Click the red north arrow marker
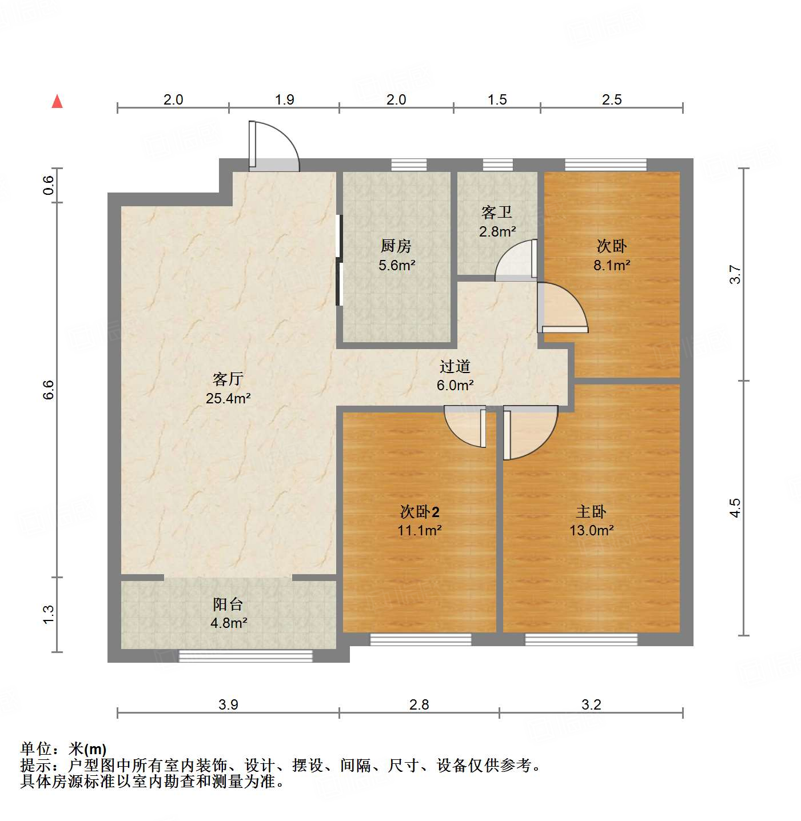57,101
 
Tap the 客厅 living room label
228,379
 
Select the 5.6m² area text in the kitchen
397,265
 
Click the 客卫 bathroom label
497,213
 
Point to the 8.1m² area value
612,265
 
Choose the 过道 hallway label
455,366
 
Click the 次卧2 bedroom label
420,511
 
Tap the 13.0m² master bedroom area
591,530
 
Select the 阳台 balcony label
228,604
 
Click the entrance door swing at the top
274,146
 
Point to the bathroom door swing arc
515,261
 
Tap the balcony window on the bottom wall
246,656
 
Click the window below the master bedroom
581,639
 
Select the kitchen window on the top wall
409,165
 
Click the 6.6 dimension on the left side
49,390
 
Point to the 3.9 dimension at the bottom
228,704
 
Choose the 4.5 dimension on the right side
735,508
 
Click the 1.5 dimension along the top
497,99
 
